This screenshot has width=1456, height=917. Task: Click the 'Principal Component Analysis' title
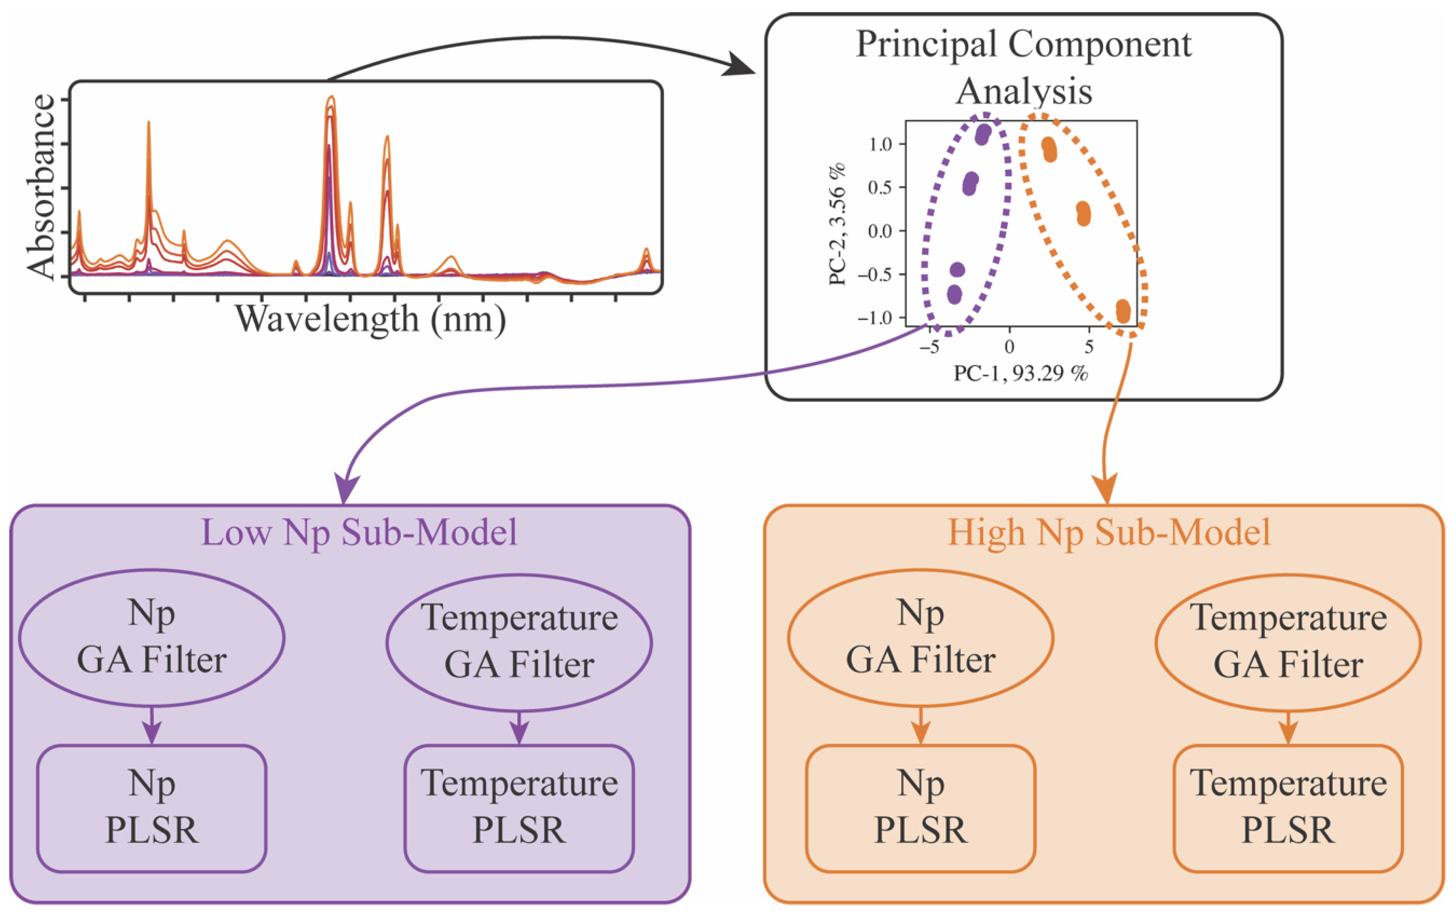(1023, 66)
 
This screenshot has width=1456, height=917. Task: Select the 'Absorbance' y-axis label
(41, 187)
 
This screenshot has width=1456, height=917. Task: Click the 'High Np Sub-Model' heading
(1108, 532)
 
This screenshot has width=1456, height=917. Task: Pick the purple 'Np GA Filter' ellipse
(151, 638)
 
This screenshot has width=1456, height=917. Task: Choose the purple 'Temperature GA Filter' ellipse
(519, 642)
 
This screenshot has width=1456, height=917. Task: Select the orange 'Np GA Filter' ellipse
(920, 638)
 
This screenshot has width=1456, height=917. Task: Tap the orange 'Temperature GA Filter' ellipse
(1287, 642)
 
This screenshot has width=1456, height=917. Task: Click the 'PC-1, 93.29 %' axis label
(1021, 373)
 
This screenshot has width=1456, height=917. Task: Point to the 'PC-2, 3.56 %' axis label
(837, 224)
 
